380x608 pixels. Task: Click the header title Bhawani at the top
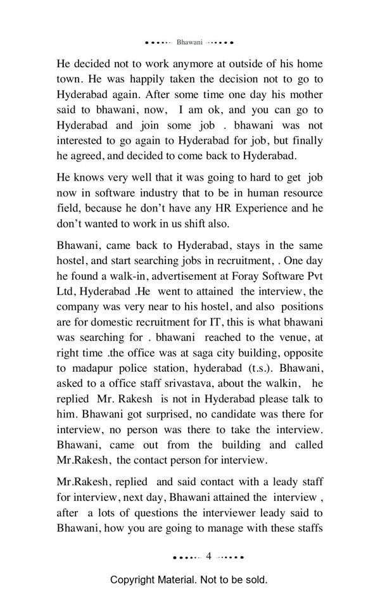pyautogui.click(x=190, y=42)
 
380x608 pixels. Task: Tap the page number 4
pyautogui.click(x=208, y=556)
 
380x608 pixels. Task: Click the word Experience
pyautogui.click(x=265, y=208)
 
